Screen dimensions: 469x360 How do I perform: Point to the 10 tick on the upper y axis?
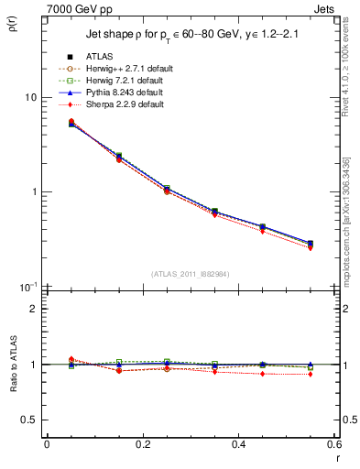coord(30,97)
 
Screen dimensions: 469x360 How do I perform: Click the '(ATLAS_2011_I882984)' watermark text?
coord(191,274)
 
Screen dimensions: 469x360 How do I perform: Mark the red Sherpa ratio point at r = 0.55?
coord(310,374)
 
